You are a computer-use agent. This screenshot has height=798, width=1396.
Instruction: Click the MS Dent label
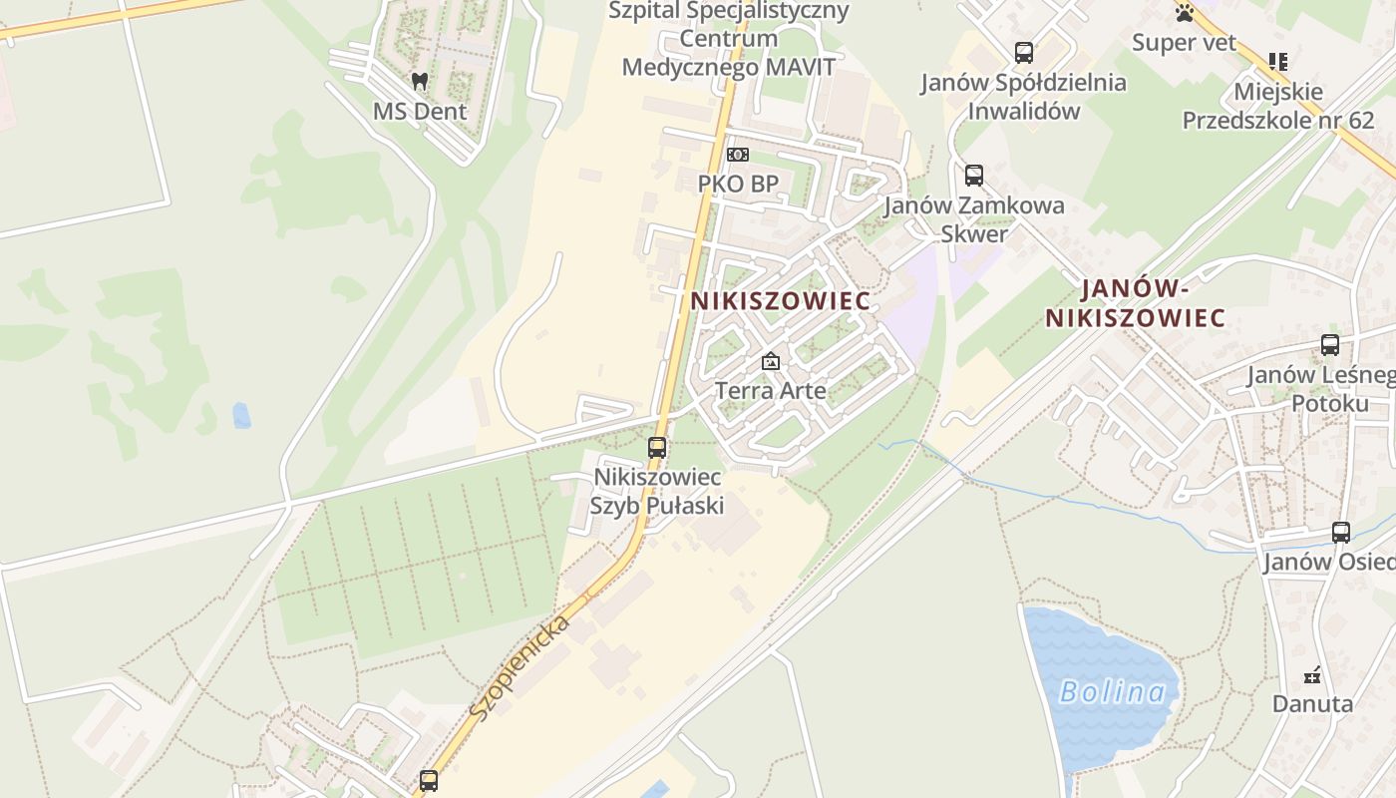click(420, 111)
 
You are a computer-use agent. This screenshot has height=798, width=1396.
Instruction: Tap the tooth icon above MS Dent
click(420, 81)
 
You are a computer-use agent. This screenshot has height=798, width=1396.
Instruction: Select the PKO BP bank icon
click(738, 155)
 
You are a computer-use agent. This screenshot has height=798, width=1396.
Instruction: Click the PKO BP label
click(738, 185)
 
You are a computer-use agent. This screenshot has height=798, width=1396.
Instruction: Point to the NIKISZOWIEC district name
click(781, 300)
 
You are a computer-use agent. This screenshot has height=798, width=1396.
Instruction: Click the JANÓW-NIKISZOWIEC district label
click(1136, 304)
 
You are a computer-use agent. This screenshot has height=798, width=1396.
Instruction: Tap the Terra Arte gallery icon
click(770, 361)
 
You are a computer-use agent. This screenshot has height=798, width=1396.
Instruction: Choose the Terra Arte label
click(771, 390)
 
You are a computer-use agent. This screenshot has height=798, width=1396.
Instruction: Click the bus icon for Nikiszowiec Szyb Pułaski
click(657, 448)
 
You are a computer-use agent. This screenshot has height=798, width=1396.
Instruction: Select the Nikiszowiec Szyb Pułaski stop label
click(657, 491)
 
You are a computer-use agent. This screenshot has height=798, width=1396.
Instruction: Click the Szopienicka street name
click(520, 667)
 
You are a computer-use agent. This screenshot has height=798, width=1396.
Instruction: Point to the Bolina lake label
click(1112, 691)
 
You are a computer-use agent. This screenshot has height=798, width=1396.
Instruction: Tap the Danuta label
click(1312, 703)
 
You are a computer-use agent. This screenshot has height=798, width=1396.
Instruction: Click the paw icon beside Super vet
click(1185, 13)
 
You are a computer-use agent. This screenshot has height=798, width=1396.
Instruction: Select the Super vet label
click(1184, 43)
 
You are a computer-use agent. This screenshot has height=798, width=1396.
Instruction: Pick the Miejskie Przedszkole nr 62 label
click(1278, 106)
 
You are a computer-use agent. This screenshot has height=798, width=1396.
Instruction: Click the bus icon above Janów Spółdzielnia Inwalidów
click(1023, 53)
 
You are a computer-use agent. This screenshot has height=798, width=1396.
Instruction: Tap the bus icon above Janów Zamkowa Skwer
click(974, 176)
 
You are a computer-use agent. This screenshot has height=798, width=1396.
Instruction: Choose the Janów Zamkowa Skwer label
click(974, 219)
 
